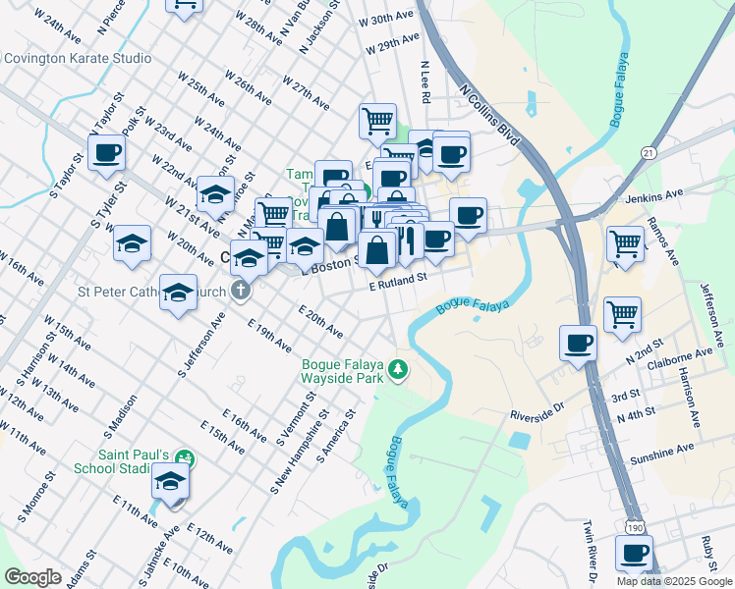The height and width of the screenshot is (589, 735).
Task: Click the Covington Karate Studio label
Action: (78, 58)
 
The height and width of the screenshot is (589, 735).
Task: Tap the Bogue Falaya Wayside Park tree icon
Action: (398, 370)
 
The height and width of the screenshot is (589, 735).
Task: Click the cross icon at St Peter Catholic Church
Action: (241, 291)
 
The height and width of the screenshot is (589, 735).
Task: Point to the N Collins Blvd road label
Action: (489, 115)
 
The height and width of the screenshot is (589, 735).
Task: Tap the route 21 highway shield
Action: (649, 153)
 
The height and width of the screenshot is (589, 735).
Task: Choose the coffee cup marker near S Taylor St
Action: (106, 152)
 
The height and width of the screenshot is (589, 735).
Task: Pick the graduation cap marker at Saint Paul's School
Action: (171, 482)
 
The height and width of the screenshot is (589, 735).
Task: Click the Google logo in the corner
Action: (32, 577)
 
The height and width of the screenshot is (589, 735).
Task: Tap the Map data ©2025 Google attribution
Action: (674, 581)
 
